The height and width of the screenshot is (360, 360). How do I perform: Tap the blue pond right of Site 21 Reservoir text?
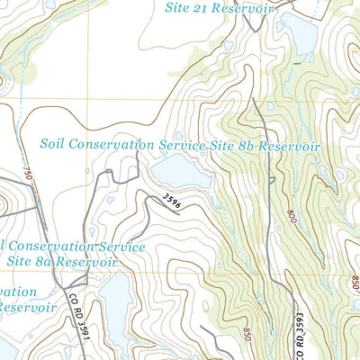point(300,34)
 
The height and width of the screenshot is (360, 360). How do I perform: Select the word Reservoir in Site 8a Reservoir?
point(88,261)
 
